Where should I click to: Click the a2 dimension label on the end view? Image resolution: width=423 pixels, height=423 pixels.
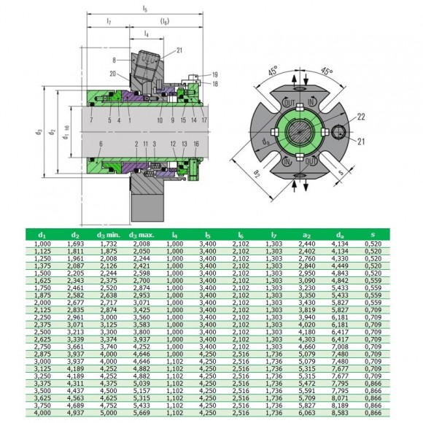[x=257, y=174]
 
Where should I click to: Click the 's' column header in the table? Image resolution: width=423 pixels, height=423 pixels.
[x=373, y=234]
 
